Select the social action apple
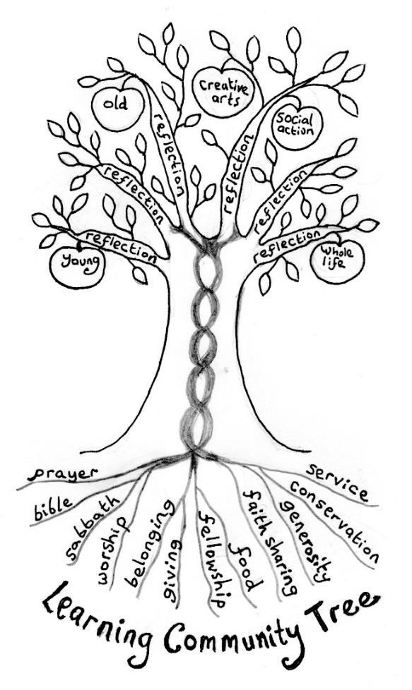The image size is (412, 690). coord(297,126)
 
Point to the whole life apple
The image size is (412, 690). coord(337,260)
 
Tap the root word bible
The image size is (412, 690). coord(53,506)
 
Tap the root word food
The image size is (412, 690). coord(243,568)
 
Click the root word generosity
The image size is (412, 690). coord(303,535)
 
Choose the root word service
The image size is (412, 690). coord(337,482)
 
